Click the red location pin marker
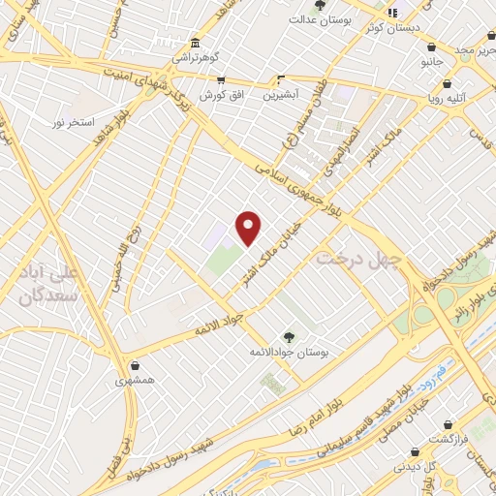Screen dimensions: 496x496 pyautogui.click(x=249, y=227)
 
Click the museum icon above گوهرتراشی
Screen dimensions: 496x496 pyautogui.click(x=196, y=44)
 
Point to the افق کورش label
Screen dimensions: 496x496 pyautogui.click(x=219, y=95)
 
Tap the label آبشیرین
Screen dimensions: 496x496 pyautogui.click(x=282, y=95)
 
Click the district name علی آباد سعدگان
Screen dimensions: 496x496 pyautogui.click(x=48, y=281)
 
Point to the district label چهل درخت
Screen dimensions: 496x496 pyautogui.click(x=359, y=259)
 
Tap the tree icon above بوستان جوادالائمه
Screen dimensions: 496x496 pyautogui.click(x=288, y=335)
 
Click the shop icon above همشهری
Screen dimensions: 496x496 pyautogui.click(x=133, y=365)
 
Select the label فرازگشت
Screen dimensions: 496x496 pyautogui.click(x=449, y=439)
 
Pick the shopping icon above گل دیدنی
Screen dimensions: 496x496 pyautogui.click(x=416, y=450)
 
